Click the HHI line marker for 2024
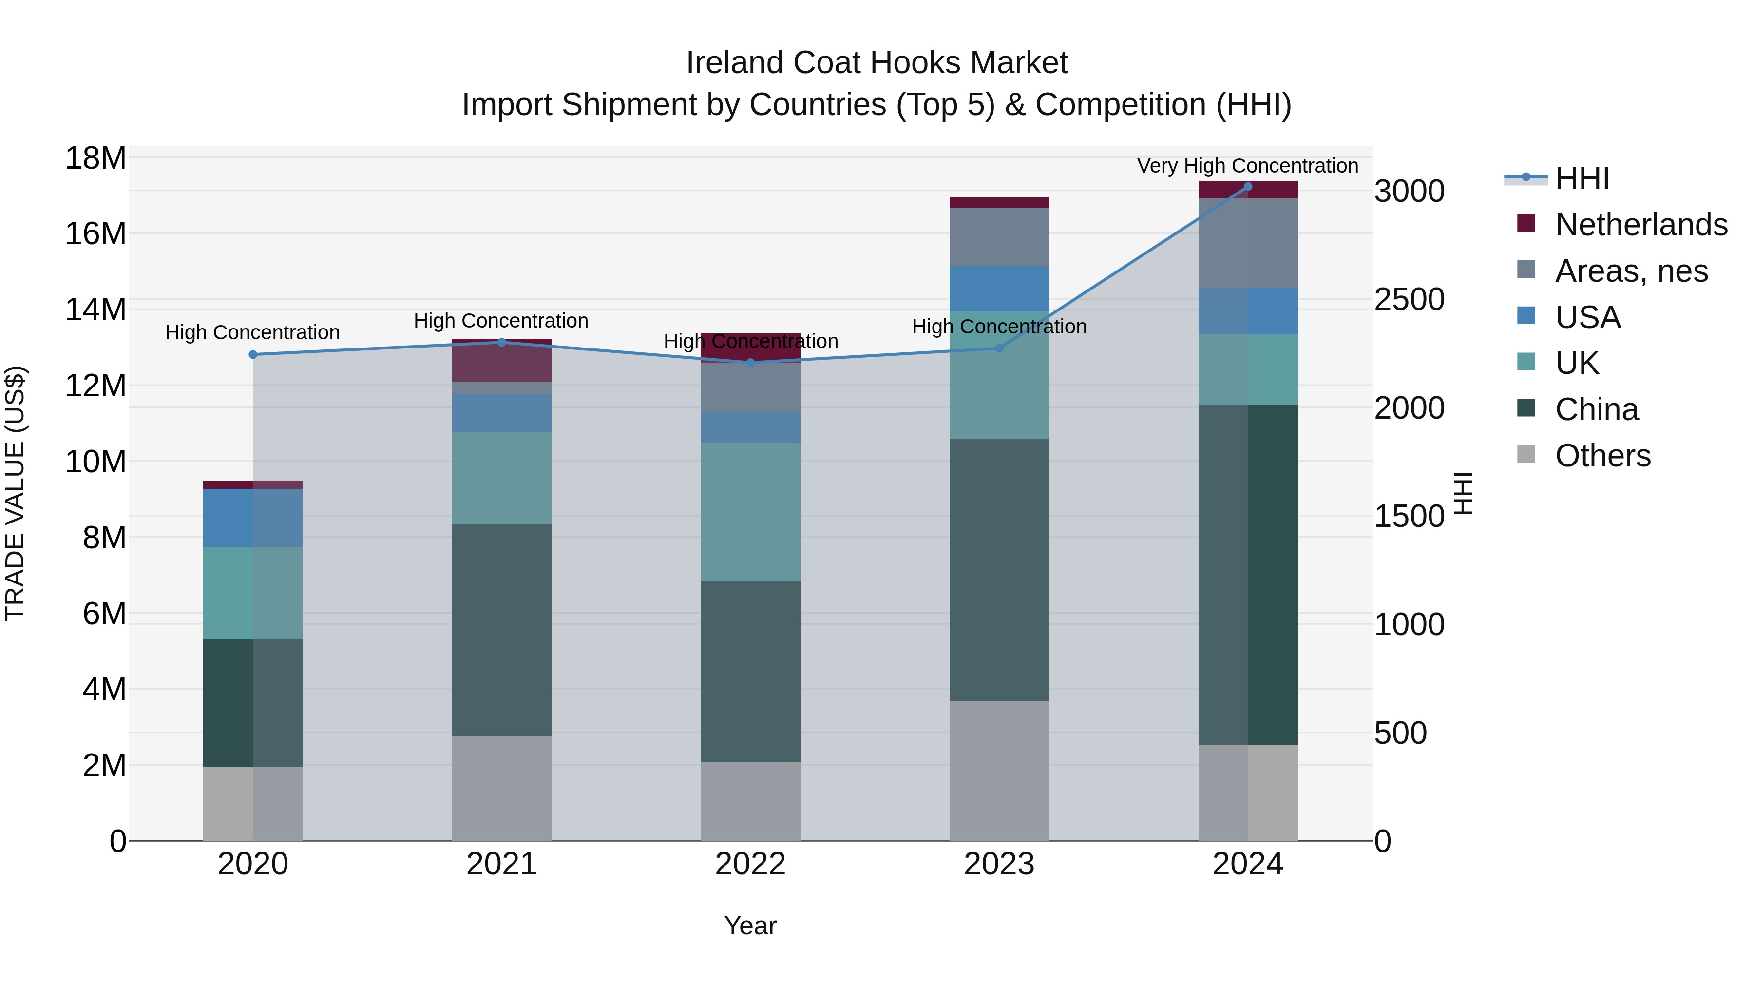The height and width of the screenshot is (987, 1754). click(x=1247, y=187)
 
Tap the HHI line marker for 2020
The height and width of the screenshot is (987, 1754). click(x=252, y=355)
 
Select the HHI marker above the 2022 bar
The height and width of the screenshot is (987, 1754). click(x=750, y=363)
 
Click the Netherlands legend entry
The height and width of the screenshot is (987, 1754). click(x=1641, y=225)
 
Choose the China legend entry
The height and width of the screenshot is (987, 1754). click(x=1596, y=409)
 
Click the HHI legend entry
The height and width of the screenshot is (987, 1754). click(x=1582, y=178)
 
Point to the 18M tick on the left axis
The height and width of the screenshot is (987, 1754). click(x=95, y=159)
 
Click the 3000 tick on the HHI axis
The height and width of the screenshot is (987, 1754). click(x=1409, y=192)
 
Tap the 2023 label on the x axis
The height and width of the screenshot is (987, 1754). click(x=999, y=864)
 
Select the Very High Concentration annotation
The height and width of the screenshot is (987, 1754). click(x=1247, y=166)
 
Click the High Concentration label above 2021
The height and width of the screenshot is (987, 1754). click(x=501, y=321)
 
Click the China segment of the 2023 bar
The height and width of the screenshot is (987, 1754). click(x=999, y=569)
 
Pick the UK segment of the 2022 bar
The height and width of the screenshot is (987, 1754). click(x=750, y=512)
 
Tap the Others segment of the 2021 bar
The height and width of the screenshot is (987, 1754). click(x=501, y=788)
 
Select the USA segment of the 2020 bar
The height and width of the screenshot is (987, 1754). click(x=252, y=518)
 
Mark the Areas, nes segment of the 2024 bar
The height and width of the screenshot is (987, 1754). click(x=1247, y=243)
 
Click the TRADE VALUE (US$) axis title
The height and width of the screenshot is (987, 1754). click(x=15, y=493)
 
